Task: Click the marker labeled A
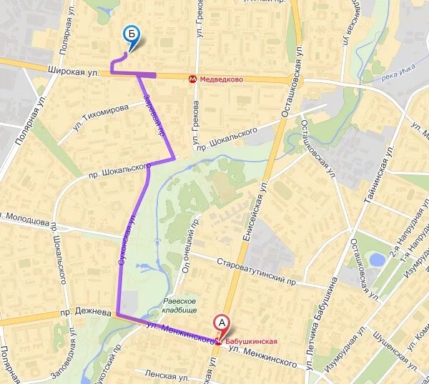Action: click(222, 323)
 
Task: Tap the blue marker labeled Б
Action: click(131, 33)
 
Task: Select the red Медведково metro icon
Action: click(193, 79)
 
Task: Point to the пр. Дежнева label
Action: click(85, 312)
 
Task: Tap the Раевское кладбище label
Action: click(179, 306)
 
